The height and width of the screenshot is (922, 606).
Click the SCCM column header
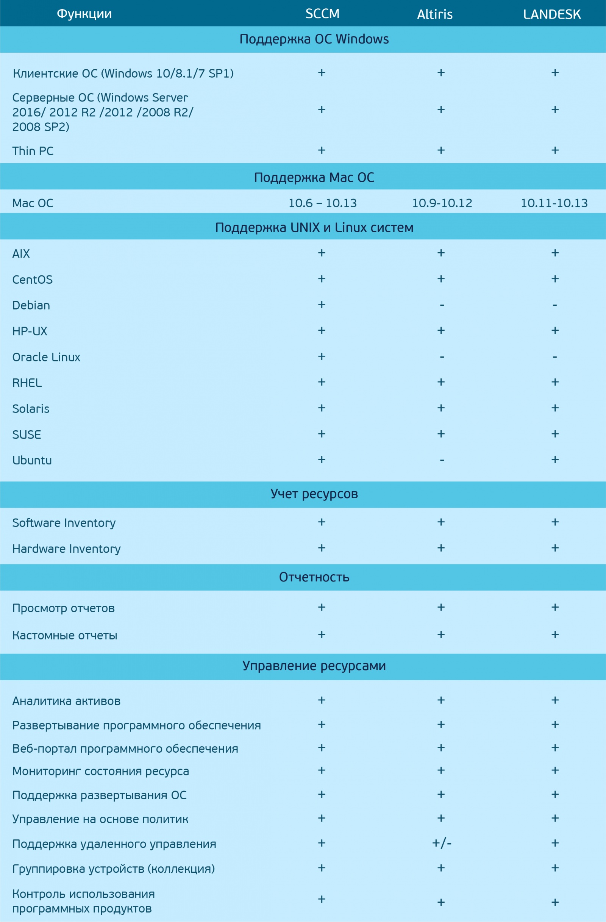pos(322,14)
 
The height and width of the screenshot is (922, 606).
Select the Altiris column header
pos(434,14)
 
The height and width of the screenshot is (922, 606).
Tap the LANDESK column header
pos(552,14)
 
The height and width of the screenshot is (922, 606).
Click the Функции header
pos(84,14)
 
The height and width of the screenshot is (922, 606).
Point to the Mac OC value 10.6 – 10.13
pos(322,203)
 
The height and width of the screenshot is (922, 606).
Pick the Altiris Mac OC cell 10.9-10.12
pos(442,203)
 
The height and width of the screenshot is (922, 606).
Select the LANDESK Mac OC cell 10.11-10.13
pos(554,203)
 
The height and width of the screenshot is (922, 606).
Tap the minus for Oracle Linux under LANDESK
pos(555,357)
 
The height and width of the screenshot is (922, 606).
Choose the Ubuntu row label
pos(32,460)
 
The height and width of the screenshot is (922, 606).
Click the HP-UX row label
pos(30,331)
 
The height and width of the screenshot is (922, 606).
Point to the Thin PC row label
pos(33,151)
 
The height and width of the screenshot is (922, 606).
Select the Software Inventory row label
pos(64,523)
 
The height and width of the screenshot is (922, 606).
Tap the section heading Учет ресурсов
pos(314,494)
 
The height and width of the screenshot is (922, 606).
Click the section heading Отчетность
pos(314,577)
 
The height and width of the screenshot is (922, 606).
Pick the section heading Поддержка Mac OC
pos(314,177)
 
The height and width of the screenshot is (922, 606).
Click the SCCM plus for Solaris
pos(322,408)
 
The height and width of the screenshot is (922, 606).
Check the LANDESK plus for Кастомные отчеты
pos(555,634)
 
